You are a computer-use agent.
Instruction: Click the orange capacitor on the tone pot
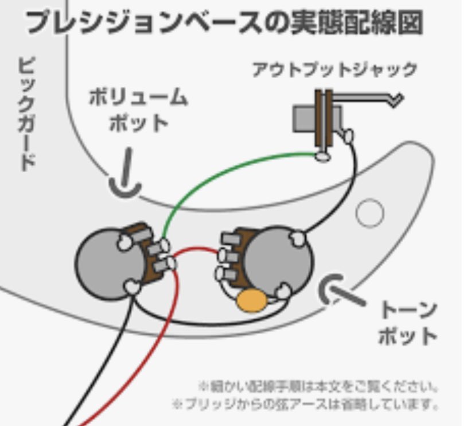pyautogui.click(x=252, y=300)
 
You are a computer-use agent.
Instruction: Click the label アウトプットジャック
pyautogui.click(x=334, y=71)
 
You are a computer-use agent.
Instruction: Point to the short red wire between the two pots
pyautogui.click(x=195, y=251)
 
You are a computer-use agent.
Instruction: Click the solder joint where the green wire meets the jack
pyautogui.click(x=323, y=154)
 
